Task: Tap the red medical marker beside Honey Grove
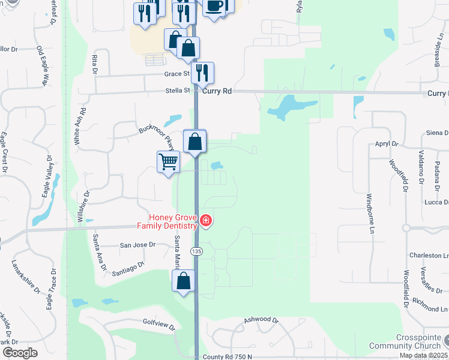206,222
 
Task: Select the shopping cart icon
168,161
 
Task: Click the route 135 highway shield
196,251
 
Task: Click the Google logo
20,353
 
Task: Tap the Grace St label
177,74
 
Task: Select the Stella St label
178,91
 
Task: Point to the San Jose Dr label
137,245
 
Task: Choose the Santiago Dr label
128,268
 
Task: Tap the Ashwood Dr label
262,320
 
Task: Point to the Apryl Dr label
387,144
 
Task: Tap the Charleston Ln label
429,255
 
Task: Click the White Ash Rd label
77,127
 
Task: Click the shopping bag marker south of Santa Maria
184,281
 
